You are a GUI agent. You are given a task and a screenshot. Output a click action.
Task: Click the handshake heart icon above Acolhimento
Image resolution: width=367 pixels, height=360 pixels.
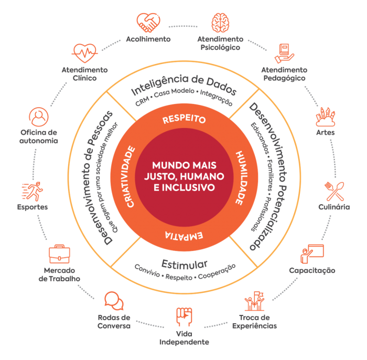(148, 23)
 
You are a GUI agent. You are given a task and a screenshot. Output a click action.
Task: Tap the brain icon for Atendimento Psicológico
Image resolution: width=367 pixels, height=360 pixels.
(220, 22)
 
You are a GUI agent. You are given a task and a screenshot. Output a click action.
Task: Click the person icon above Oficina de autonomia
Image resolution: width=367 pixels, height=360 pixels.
(39, 116)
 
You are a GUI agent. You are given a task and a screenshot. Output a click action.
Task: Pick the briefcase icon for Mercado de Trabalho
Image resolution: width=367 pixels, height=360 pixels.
(59, 255)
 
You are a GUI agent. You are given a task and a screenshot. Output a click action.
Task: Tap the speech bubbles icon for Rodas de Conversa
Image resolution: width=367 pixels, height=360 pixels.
(113, 301)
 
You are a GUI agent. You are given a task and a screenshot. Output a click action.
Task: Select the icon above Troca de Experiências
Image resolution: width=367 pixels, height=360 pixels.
(254, 301)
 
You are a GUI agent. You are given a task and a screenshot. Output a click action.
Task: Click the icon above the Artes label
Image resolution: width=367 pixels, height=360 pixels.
(325, 117)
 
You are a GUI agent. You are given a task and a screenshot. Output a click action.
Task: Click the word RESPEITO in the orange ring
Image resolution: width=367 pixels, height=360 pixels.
(183, 119)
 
